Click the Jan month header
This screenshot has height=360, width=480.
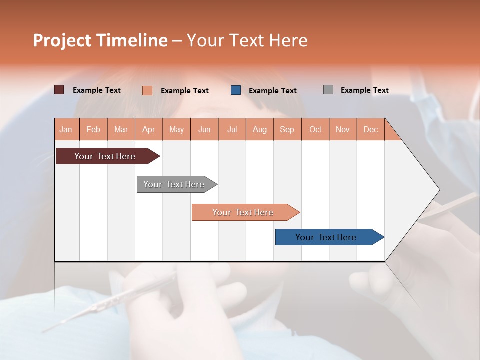(x=66, y=129)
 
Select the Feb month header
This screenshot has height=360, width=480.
(x=93, y=129)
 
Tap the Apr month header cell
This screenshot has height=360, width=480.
(x=149, y=129)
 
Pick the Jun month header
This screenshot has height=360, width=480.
(x=204, y=129)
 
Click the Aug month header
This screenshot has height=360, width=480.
(x=260, y=129)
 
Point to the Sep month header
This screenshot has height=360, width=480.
(x=287, y=129)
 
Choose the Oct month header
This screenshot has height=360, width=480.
(x=315, y=129)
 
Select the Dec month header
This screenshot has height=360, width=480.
(x=371, y=129)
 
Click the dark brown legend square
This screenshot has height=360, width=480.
(x=59, y=90)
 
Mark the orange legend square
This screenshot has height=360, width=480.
(x=147, y=90)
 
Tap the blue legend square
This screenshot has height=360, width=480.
(x=236, y=90)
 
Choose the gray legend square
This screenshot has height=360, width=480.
(x=328, y=90)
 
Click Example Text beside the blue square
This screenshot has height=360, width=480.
(x=273, y=91)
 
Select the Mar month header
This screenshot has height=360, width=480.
(x=121, y=129)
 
